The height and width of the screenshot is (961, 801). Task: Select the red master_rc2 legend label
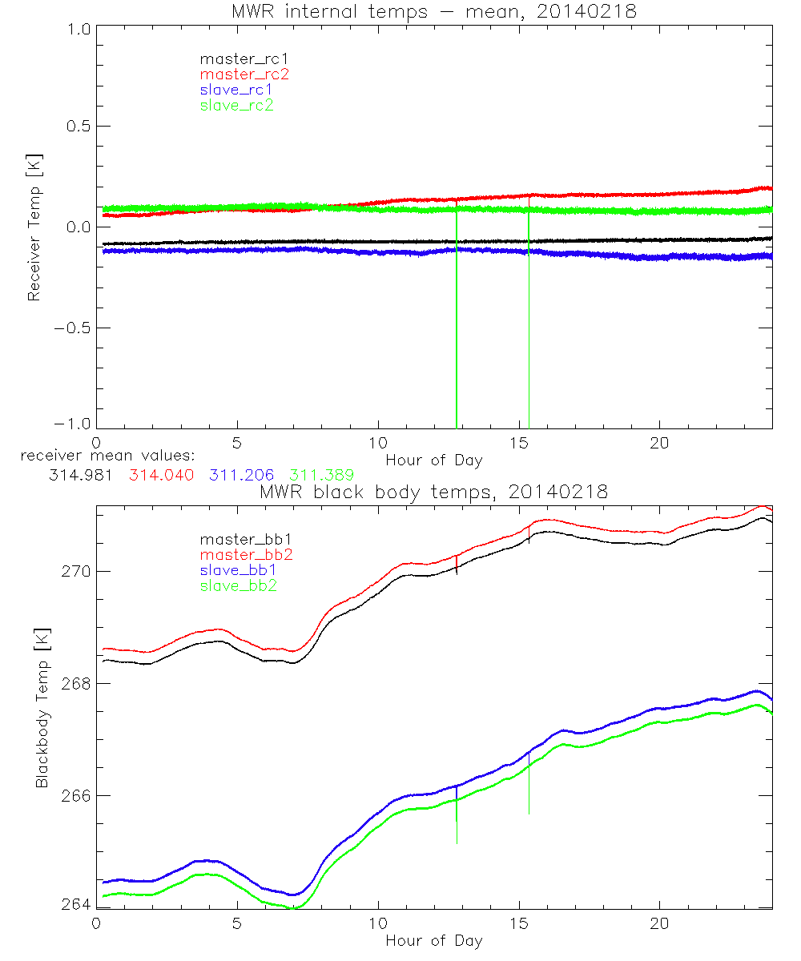click(x=244, y=74)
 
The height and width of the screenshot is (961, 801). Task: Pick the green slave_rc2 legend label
click(x=236, y=105)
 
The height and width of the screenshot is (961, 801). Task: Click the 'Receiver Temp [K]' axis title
click(x=34, y=227)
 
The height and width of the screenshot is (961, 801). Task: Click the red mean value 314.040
click(x=161, y=475)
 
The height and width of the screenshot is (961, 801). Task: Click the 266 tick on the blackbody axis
click(x=75, y=796)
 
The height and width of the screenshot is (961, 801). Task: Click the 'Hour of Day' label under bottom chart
click(x=434, y=941)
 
